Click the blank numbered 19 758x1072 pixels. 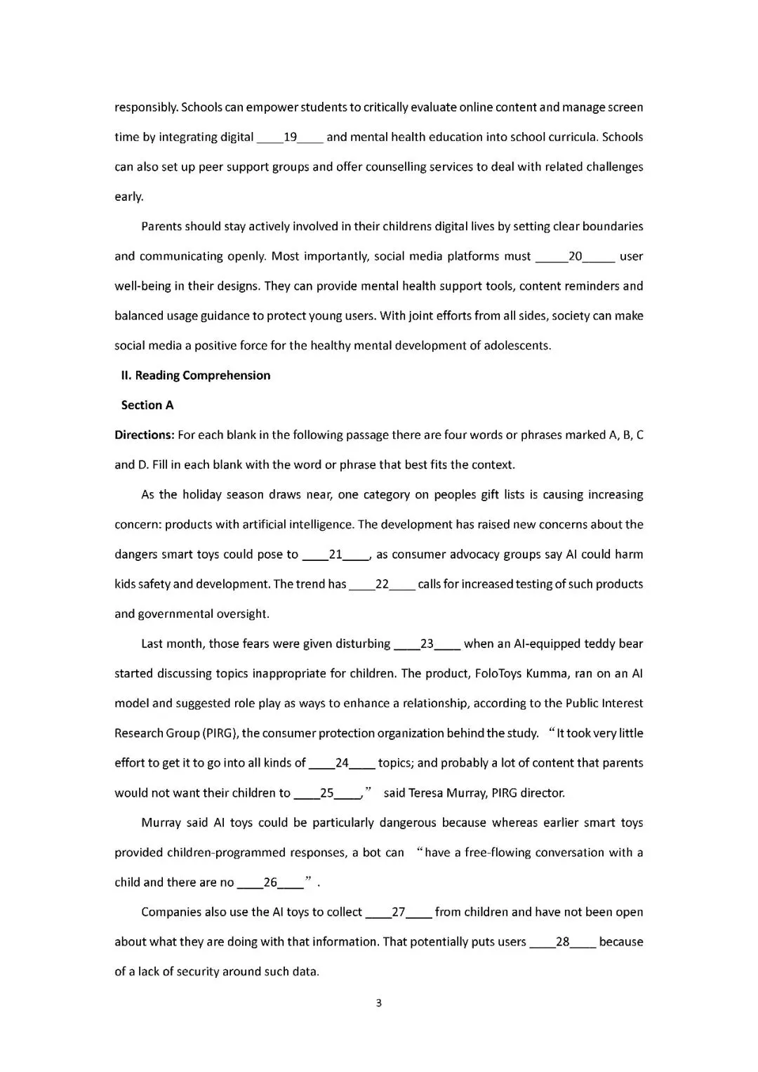click(290, 137)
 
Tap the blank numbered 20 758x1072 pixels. click(575, 256)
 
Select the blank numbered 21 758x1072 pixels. click(335, 555)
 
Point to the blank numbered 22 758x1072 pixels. click(383, 584)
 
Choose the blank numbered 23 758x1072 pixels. click(427, 644)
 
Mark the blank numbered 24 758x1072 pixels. click(343, 763)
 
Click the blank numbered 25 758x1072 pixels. click(327, 793)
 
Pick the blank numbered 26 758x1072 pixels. click(270, 882)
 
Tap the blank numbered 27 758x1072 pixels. click(399, 913)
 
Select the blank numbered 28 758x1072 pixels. click(563, 942)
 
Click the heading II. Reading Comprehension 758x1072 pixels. click(196, 376)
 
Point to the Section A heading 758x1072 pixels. click(147, 405)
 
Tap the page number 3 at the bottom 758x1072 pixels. click(379, 1003)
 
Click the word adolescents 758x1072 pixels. click(517, 346)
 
